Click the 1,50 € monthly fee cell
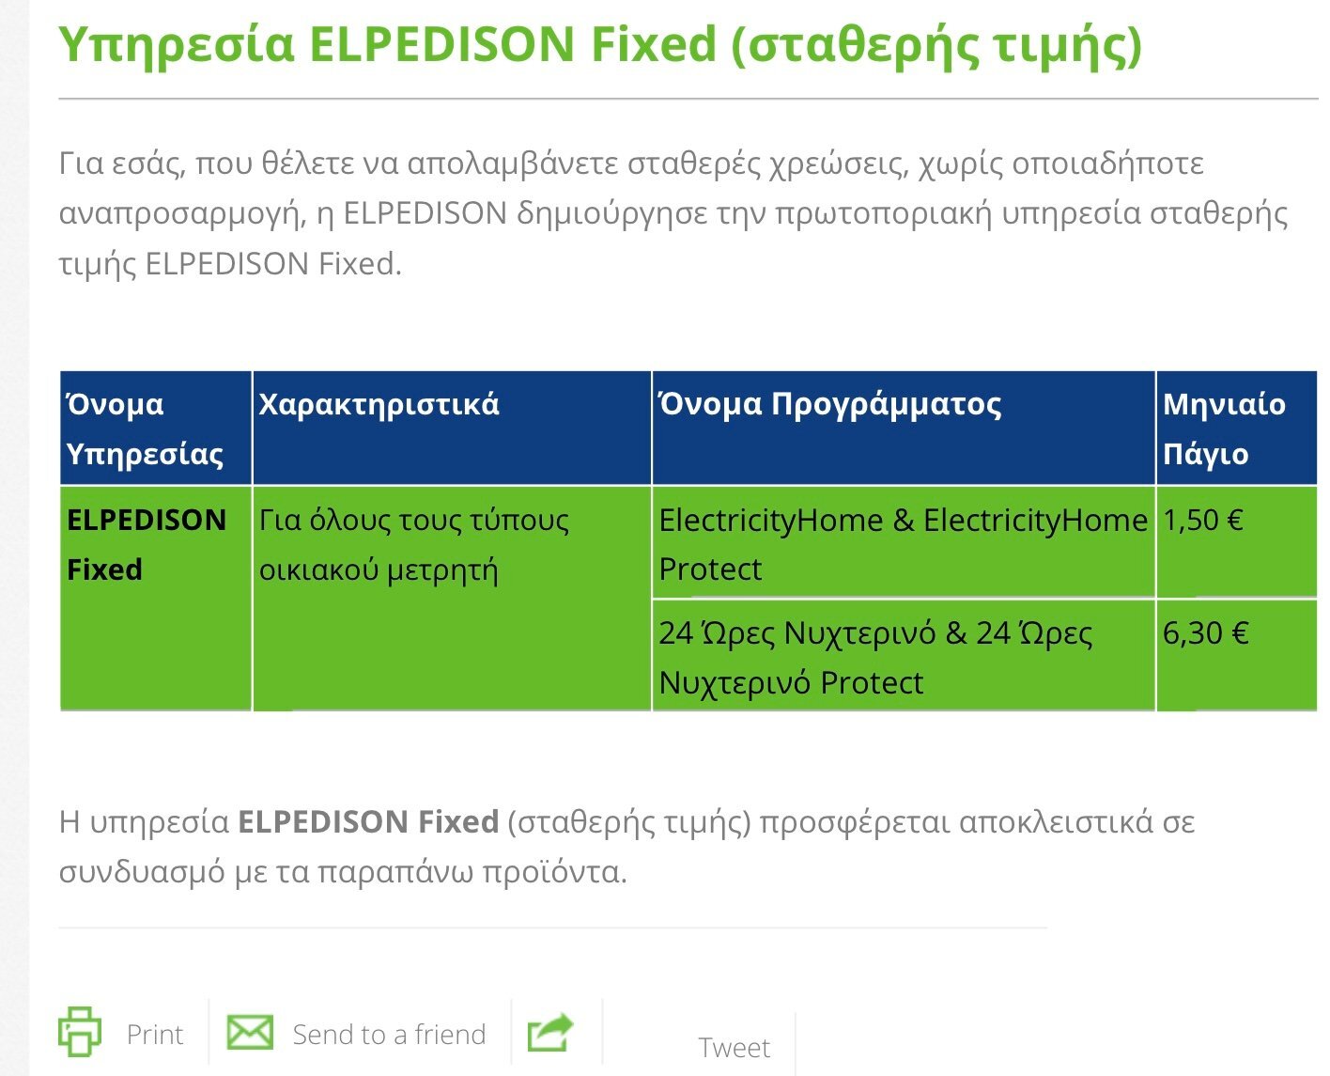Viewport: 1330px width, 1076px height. point(1236,541)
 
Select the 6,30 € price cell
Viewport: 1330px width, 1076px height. point(1236,655)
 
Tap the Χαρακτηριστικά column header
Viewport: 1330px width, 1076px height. point(452,428)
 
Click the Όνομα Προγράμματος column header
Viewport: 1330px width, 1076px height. point(903,428)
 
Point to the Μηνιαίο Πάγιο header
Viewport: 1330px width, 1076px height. point(1236,428)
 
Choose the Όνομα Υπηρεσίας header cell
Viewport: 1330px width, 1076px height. point(156,428)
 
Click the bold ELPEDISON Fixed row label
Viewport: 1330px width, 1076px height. point(147,544)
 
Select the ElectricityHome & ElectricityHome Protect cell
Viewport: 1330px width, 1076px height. point(903,541)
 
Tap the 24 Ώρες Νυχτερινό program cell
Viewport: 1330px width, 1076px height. point(903,655)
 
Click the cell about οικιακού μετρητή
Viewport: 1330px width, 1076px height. point(452,599)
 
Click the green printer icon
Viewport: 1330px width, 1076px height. point(79,1031)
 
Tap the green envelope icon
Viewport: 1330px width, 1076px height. point(250,1032)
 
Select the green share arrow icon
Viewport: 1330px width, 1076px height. point(550,1032)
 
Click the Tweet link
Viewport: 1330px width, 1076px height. point(734,1047)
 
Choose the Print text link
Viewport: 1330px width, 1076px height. point(155,1034)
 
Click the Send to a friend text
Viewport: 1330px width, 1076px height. point(389,1034)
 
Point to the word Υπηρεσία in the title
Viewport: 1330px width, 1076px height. point(176,46)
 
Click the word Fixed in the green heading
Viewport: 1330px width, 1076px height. point(653,44)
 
